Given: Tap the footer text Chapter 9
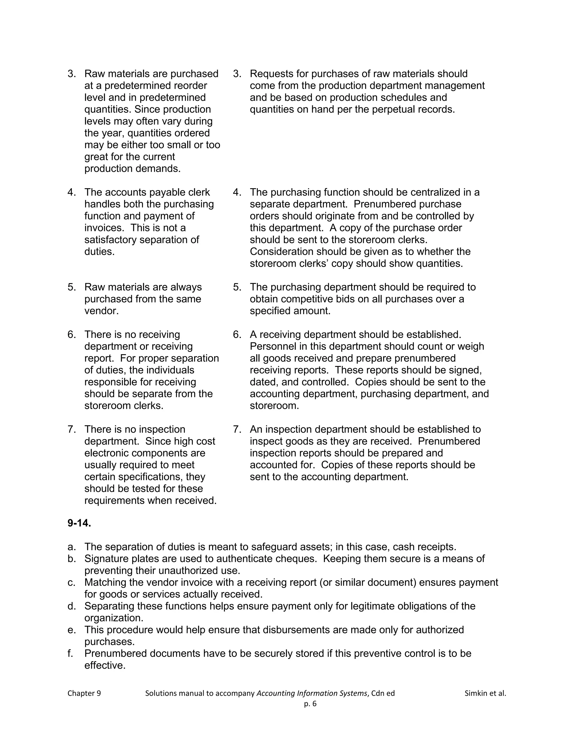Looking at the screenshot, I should pos(84,693).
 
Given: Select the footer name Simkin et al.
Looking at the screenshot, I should pos(485,693).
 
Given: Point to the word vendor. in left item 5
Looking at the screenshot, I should pos(101,311).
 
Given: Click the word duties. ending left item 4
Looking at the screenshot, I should pos(99,251).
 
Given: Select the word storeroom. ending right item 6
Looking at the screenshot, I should pos(274,406).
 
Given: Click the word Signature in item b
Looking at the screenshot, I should pos(107,559).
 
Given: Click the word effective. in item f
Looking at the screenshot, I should pos(105,665).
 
